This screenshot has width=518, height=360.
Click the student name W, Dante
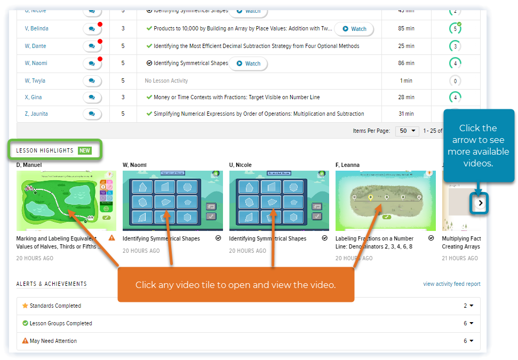pos(35,46)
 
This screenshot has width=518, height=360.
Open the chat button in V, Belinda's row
pos(92,29)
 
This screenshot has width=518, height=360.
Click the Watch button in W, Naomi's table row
pos(248,63)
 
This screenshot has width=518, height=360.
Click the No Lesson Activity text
pos(166,81)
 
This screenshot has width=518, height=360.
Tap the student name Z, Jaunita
pos(36,114)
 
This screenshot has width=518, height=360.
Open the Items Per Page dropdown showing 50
pos(407,131)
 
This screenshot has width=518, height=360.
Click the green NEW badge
pos(85,151)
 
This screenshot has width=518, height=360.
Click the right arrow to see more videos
pos(481,203)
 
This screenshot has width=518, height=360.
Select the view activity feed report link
pos(451,284)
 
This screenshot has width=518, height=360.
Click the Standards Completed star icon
pos(25,306)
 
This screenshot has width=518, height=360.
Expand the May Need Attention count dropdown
pos(468,341)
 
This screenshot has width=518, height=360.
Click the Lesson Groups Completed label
pos(61,323)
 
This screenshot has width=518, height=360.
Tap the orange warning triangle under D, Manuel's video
pos(112,238)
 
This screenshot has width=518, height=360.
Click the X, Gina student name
pos(33,97)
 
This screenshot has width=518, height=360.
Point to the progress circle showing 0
pos(455,81)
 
